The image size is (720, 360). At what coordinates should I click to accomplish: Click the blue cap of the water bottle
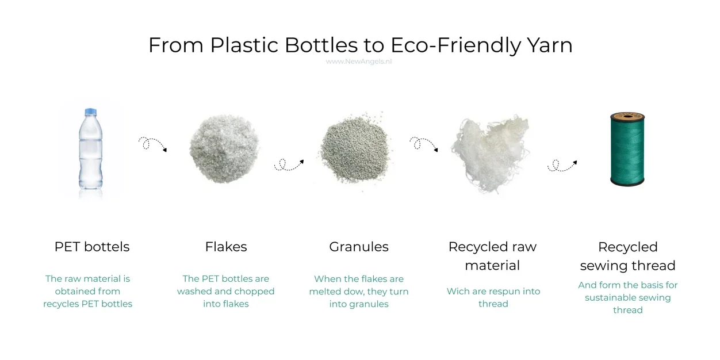90,112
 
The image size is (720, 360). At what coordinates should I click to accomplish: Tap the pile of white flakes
225,148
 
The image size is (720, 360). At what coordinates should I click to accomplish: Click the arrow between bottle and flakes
152,144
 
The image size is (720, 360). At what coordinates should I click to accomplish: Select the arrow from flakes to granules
289,165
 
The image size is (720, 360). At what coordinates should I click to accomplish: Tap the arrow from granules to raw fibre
424,144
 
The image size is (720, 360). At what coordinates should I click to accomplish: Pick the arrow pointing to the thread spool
562,165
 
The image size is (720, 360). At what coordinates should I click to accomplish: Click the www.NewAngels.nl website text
359,62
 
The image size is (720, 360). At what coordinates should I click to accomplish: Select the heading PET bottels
92,247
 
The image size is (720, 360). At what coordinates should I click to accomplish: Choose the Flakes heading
226,247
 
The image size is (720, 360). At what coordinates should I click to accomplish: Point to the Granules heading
359,247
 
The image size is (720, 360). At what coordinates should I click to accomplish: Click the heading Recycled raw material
492,256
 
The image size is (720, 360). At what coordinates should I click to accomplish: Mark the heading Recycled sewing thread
627,256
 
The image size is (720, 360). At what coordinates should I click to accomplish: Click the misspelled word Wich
458,291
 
